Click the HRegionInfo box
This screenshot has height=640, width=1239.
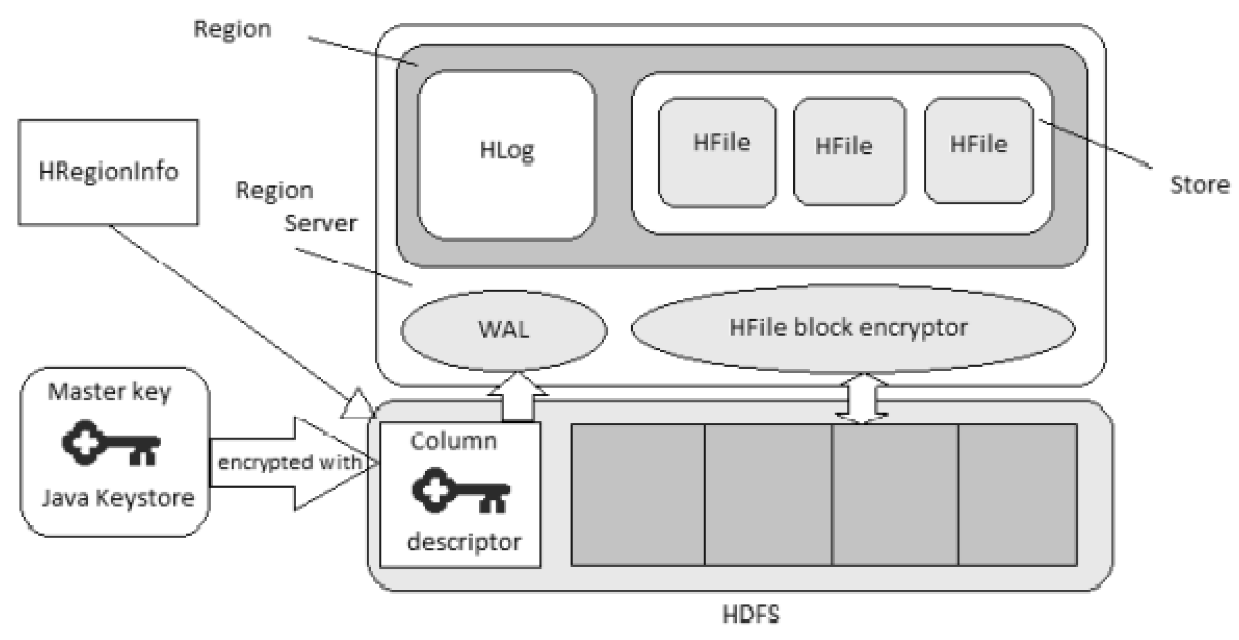point(108,172)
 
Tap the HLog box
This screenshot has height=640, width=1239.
point(506,155)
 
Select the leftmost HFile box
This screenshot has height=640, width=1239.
point(717,152)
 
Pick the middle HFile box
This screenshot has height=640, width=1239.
point(850,151)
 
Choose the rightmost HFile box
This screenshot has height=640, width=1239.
point(979,150)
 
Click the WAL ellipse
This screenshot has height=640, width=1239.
point(504,330)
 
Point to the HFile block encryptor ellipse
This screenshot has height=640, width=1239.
point(853,328)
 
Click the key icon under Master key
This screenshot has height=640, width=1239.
point(111,443)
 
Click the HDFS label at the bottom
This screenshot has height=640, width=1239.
point(751,614)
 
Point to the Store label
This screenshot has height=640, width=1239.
point(1200,185)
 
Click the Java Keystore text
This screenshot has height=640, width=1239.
point(118,498)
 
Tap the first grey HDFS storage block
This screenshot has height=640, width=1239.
point(638,494)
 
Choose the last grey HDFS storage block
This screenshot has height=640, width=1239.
point(1018,494)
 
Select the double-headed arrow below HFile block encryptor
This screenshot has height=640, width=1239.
point(862,398)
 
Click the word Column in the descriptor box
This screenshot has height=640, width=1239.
point(453,441)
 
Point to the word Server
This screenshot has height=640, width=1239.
point(320,223)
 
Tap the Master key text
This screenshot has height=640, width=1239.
point(109,392)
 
